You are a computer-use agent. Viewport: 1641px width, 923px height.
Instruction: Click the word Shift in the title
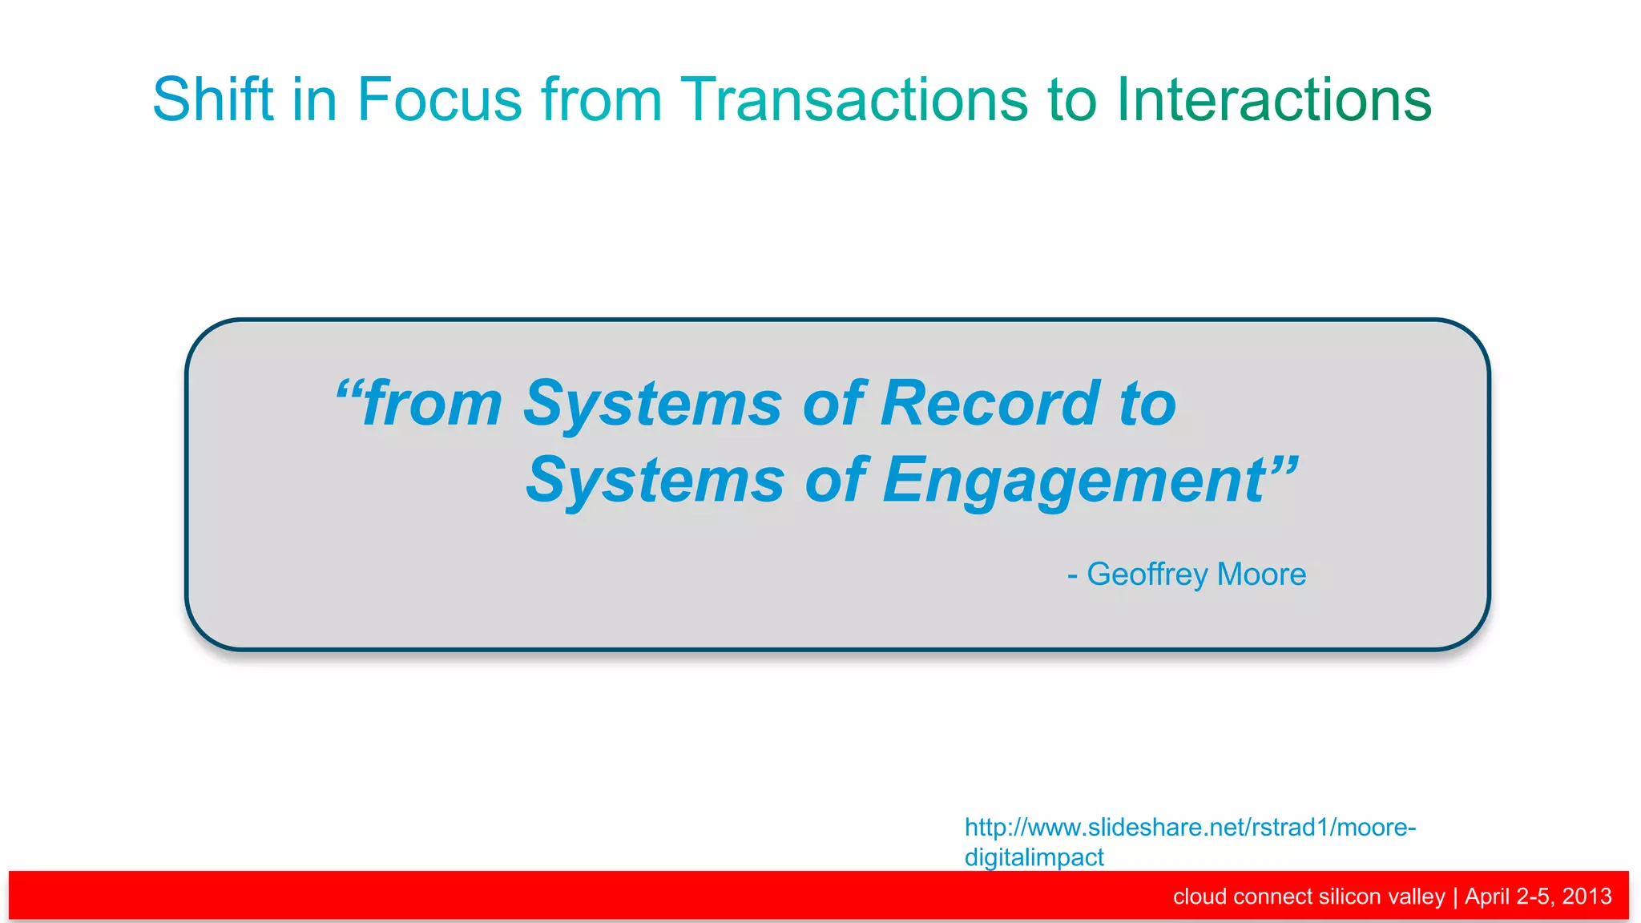click(x=213, y=99)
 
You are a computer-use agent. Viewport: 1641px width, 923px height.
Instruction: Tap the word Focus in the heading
click(x=439, y=99)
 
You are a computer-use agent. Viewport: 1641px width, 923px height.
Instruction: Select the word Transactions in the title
click(x=853, y=99)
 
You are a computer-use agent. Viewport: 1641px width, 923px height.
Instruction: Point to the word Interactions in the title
click(x=1273, y=99)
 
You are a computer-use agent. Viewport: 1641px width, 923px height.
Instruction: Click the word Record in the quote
click(x=990, y=404)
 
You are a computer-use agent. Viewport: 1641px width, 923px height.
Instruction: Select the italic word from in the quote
click(x=433, y=404)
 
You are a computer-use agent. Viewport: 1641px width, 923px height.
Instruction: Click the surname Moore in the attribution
click(x=1261, y=574)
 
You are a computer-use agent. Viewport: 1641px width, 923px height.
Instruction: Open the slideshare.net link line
click(x=1190, y=827)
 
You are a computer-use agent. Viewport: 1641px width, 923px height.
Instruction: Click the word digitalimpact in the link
click(x=1034, y=857)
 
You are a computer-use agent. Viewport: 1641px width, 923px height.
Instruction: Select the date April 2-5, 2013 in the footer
click(x=1538, y=896)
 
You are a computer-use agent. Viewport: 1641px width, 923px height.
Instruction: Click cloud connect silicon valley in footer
click(x=1308, y=896)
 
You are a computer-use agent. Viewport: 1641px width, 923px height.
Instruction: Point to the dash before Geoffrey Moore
click(x=1072, y=575)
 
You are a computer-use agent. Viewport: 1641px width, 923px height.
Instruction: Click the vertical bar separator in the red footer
click(x=1455, y=896)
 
